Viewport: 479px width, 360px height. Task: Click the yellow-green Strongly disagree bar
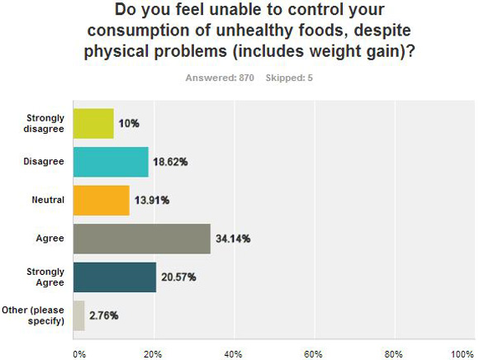tap(93, 123)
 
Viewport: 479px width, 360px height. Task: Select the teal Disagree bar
tap(111, 162)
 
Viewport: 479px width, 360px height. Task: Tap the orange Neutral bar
tap(102, 201)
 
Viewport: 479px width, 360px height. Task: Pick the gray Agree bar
tap(142, 239)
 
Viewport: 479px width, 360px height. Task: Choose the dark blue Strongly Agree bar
tap(115, 277)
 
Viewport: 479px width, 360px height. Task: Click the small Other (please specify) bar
tap(78, 315)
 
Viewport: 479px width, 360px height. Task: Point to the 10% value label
tap(129, 124)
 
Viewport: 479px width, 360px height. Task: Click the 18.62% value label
tap(170, 162)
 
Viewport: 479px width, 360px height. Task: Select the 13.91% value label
tap(152, 201)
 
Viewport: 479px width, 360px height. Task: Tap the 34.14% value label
tap(233, 239)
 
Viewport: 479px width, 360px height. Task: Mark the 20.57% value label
tap(178, 277)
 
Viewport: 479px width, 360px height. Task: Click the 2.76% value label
tap(104, 315)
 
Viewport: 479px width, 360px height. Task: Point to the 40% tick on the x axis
tap(234, 354)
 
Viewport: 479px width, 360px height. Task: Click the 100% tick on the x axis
tap(462, 354)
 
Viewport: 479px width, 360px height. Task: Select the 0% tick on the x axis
tap(79, 354)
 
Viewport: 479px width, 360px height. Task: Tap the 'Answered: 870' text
tap(220, 78)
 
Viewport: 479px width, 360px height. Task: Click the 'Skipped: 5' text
tap(289, 78)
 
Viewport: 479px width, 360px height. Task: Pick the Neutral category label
tap(48, 200)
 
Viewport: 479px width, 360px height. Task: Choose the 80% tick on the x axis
tap(393, 354)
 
